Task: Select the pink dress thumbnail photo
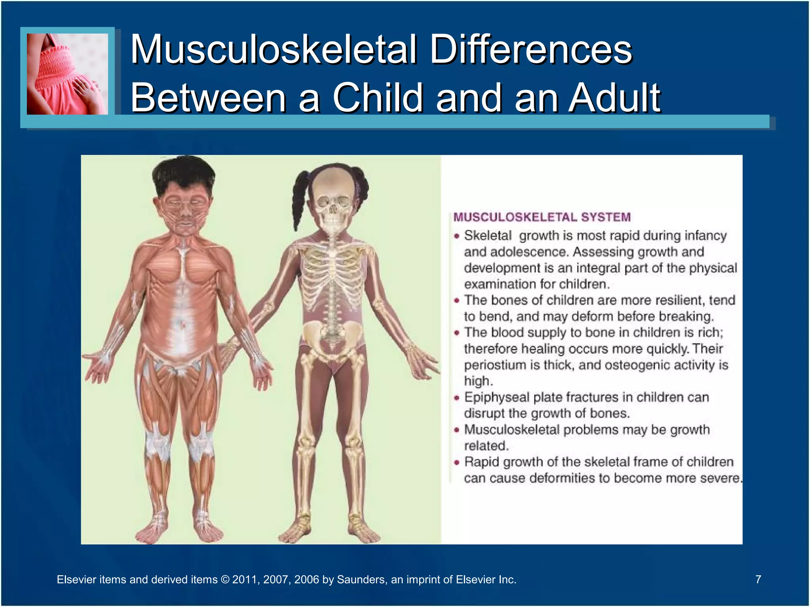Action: pyautogui.click(x=67, y=74)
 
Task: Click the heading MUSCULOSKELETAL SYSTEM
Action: pyautogui.click(x=542, y=217)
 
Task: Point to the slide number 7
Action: pyautogui.click(x=758, y=579)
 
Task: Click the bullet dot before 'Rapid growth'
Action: pyautogui.click(x=457, y=462)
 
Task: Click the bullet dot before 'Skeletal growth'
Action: pyautogui.click(x=457, y=236)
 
